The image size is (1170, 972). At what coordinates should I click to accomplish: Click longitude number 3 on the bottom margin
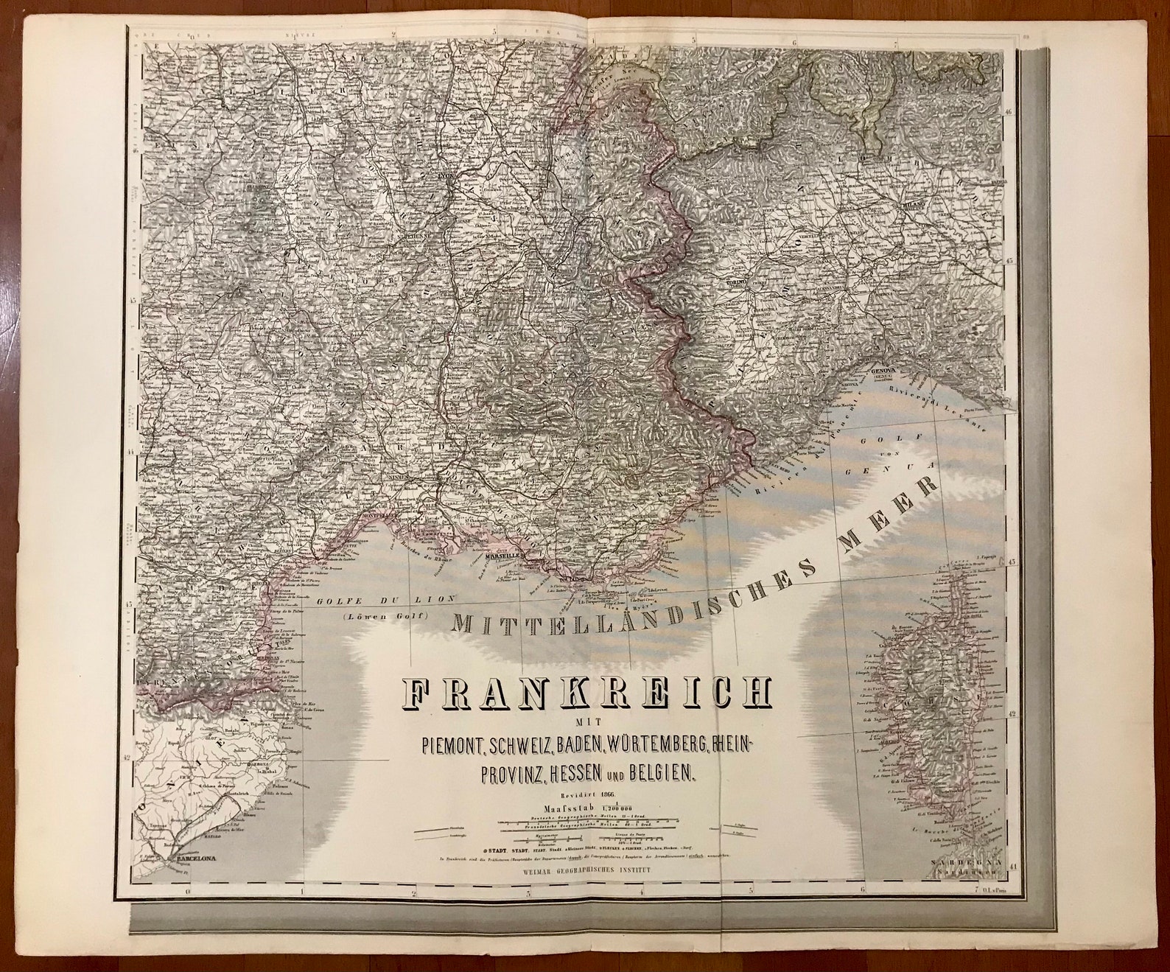coord(528,892)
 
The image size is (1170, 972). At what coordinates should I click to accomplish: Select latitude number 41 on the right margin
coord(1012,866)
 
